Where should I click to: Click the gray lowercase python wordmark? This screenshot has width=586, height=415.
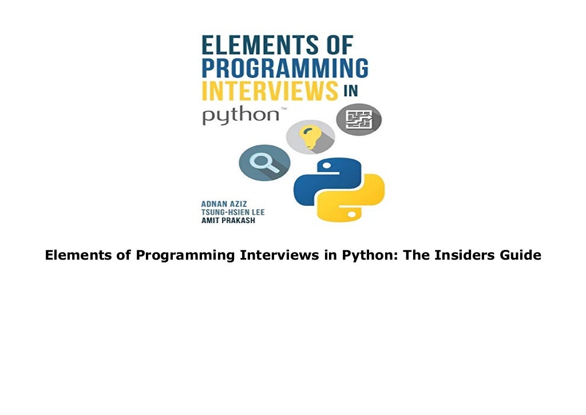click(x=240, y=115)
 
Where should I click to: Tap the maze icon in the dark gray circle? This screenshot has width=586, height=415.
click(x=359, y=120)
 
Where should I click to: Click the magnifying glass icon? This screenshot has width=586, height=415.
click(x=264, y=162)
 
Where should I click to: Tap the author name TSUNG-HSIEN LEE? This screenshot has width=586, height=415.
click(x=232, y=212)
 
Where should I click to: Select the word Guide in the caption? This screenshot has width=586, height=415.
click(x=520, y=255)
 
